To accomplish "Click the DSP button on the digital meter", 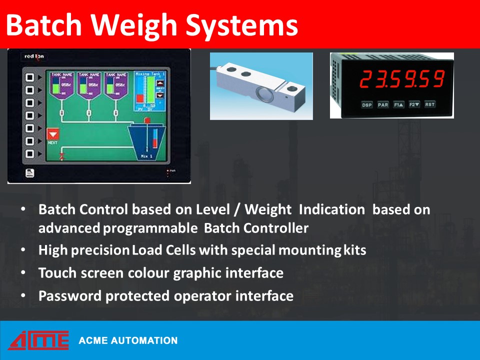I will pos(367,104).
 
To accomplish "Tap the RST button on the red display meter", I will pos(429,104).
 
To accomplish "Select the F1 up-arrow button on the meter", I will pos(398,104).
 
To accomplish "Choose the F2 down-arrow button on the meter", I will pos(414,104).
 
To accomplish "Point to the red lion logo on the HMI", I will pos(34,56).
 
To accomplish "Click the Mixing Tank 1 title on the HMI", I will pos(150,73).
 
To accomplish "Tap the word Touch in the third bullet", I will pos(56,273).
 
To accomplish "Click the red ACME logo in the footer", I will pos(38,340).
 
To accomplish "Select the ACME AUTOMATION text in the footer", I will pos(128,340).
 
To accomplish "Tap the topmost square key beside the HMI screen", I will pos(29,77).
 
